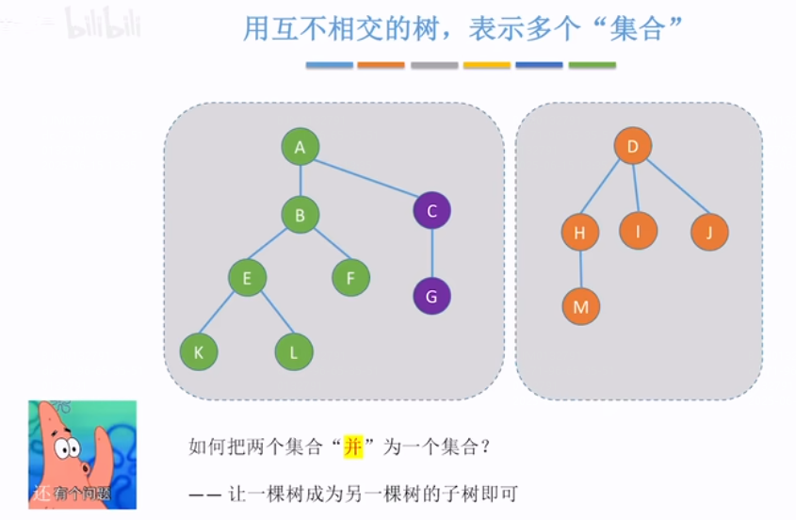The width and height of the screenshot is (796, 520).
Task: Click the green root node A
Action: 300,147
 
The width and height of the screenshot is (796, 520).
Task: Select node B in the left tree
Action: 300,215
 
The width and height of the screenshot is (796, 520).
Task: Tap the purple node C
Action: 431,210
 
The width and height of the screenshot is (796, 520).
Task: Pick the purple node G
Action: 431,296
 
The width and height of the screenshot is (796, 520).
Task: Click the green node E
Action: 247,278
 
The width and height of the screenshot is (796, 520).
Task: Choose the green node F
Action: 350,278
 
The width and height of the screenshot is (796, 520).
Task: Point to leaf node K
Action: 199,352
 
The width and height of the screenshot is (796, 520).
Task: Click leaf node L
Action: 294,352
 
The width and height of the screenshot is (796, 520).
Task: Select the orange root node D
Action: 633,146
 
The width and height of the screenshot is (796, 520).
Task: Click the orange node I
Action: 638,230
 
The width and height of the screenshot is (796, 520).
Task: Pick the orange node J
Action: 709,232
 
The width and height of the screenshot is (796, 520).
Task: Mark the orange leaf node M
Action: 580,306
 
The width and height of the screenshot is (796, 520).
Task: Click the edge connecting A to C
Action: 366,178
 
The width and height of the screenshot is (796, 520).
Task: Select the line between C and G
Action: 431,252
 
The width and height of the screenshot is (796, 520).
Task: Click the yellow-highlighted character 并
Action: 352,447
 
